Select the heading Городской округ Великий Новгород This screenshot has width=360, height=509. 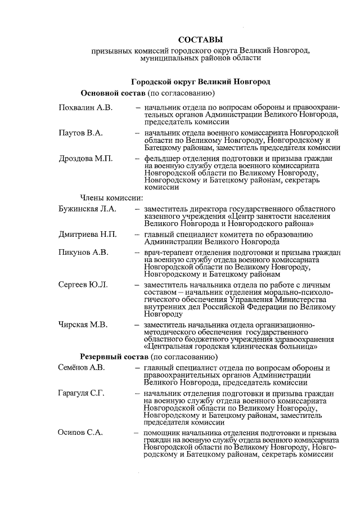(x=200, y=82)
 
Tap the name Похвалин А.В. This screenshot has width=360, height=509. (x=85, y=106)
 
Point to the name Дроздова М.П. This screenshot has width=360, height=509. (x=85, y=159)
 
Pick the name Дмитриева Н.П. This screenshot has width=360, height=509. (x=88, y=234)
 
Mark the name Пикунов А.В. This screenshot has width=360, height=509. (x=83, y=252)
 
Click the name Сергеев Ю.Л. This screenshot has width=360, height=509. (x=83, y=285)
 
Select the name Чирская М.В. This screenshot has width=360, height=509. (x=84, y=325)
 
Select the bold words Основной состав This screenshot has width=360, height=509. (x=114, y=92)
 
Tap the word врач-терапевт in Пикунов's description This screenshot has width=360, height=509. (x=167, y=252)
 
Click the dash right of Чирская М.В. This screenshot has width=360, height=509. (x=137, y=325)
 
